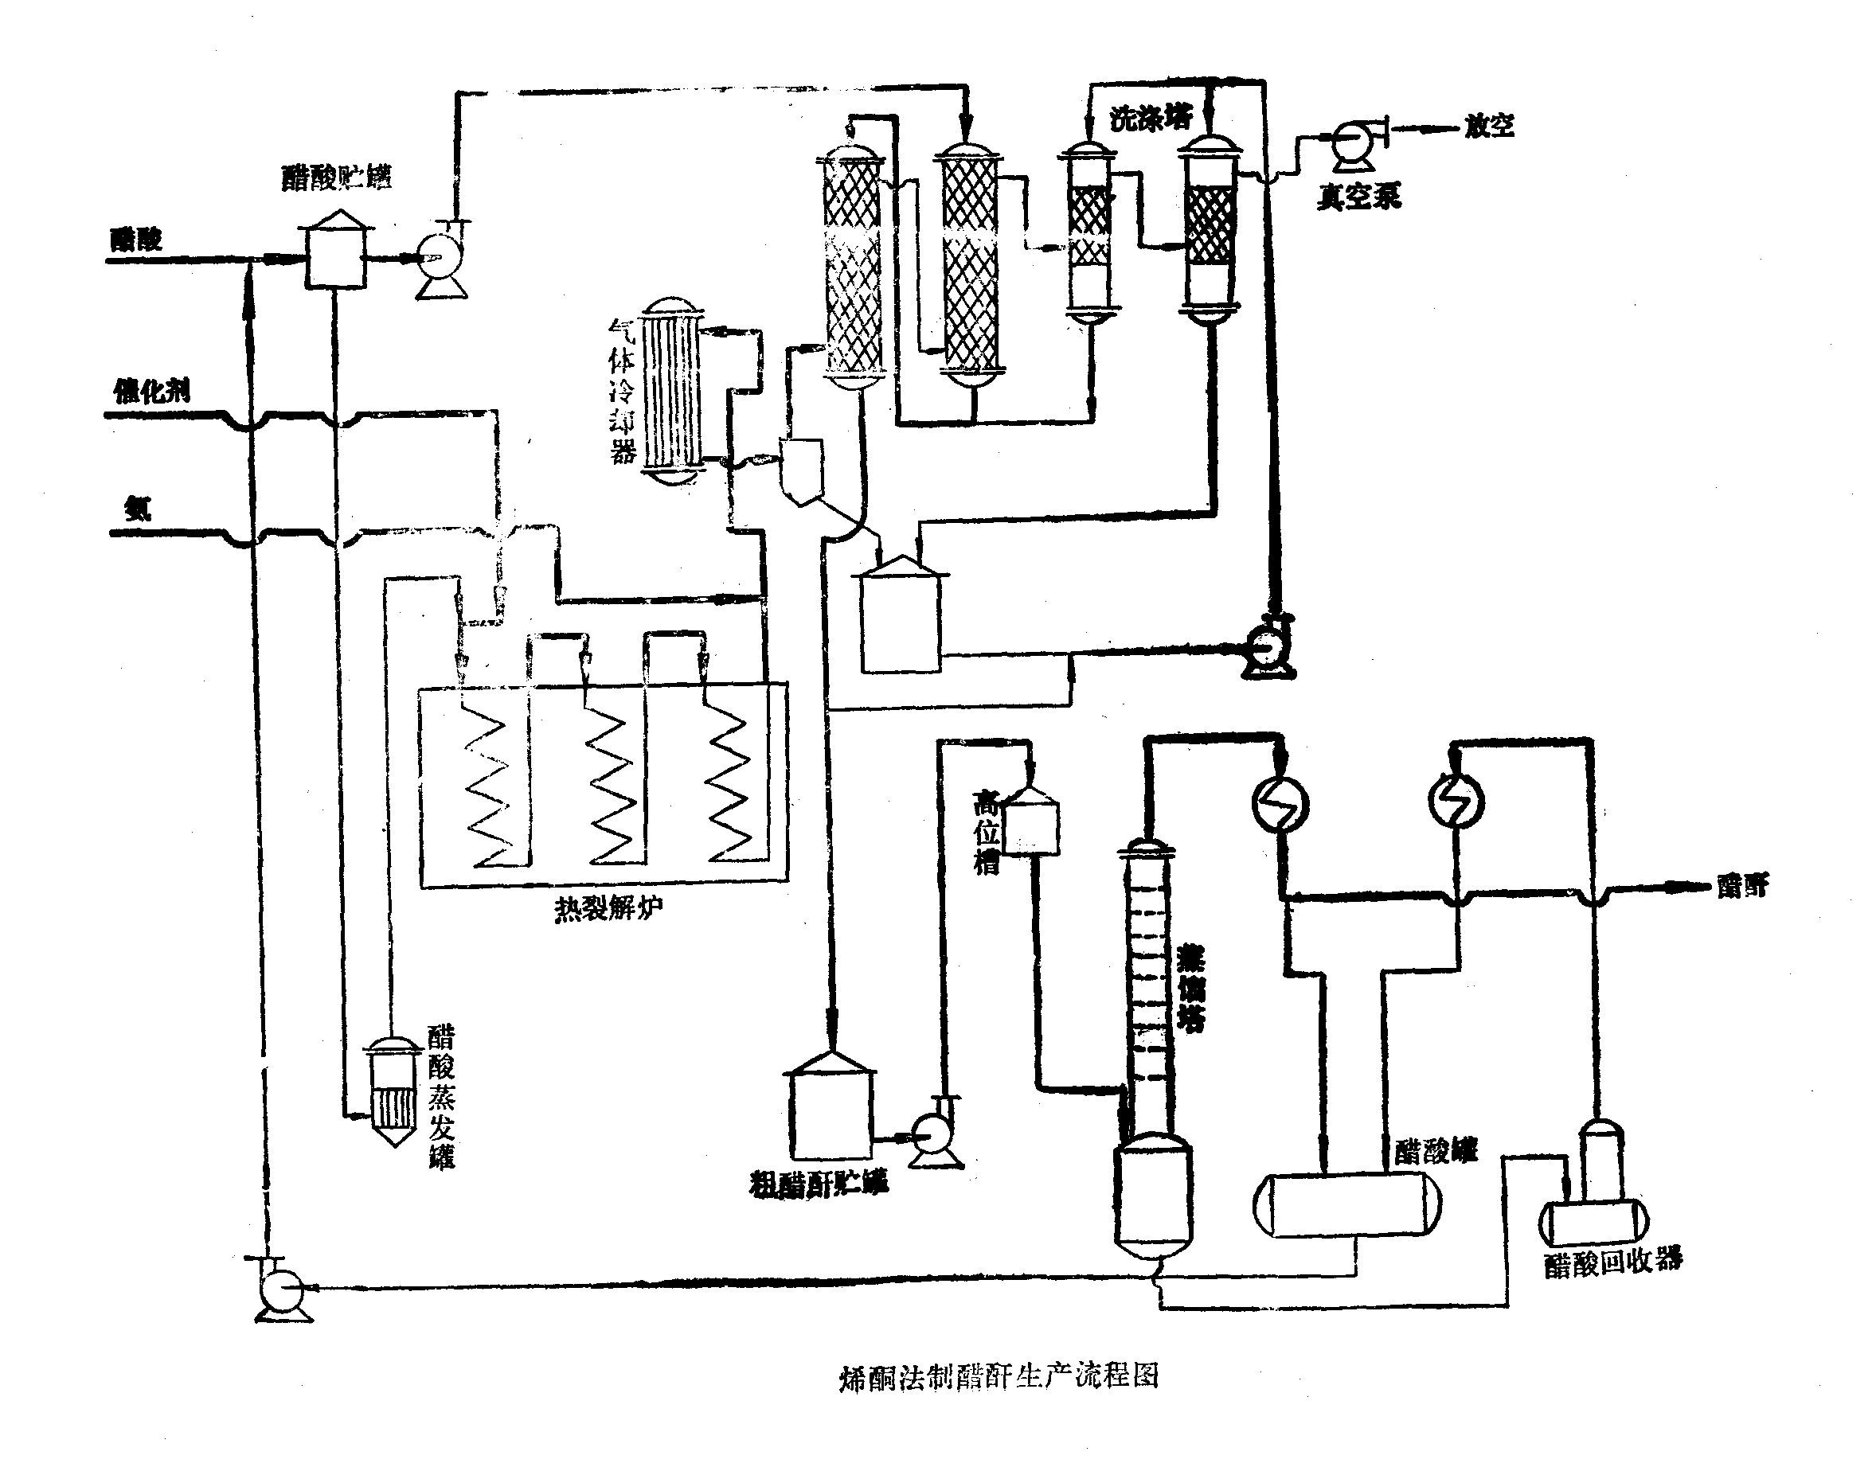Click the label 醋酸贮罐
[336, 178]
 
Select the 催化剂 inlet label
[151, 392]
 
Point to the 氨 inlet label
[138, 509]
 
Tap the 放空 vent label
[1488, 127]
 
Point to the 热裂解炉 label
[608, 908]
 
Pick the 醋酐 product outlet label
[1741, 885]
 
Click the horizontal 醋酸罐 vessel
[1346, 1204]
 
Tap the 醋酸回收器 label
[1612, 1263]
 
